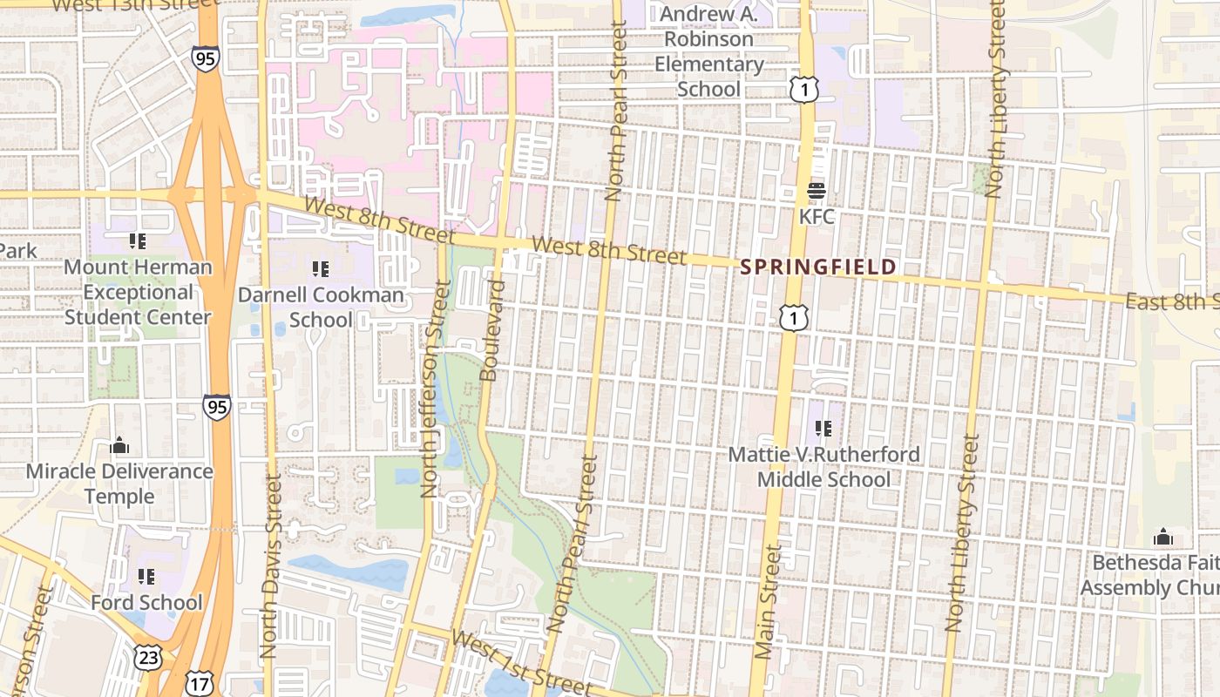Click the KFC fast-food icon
pos(817,190)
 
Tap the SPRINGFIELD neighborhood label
pos(818,267)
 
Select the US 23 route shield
pos(148,658)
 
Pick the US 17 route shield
pos(200,684)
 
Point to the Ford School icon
pos(146,577)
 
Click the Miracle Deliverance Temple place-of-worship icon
pos(119,446)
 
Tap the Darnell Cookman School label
pos(321,308)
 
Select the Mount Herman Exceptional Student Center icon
pos(137,240)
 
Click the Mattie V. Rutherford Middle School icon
pos(823,429)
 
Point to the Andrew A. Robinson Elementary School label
pos(709,51)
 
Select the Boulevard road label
pos(492,330)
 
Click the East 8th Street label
pos(1171,302)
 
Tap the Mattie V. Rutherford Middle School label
pos(823,467)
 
